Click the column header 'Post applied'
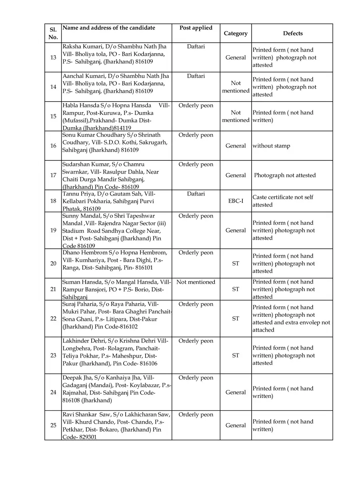coord(196,28)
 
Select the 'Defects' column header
coord(293,34)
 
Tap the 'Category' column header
coord(236,34)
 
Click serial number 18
coord(53,201)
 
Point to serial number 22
coord(53,318)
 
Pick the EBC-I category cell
coord(236,201)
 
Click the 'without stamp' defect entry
coord(271,146)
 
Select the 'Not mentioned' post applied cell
coord(196,282)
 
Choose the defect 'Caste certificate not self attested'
coord(282,201)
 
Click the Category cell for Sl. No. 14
coord(236,87)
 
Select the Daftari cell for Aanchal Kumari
coord(196,76)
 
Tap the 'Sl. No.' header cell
coord(53,34)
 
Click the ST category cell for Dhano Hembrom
coord(236,264)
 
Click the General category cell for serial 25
coord(236,426)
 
